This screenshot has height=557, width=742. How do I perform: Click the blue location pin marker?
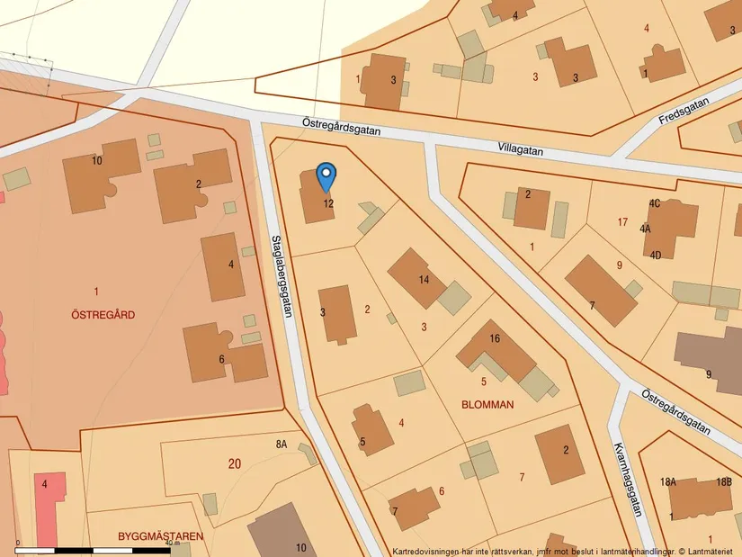pos(326,175)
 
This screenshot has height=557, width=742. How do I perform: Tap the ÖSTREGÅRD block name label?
pos(103,314)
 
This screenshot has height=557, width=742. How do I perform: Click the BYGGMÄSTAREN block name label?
pos(160,536)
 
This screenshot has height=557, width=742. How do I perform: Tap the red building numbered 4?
pos(50,499)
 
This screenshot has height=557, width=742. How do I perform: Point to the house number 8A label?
pos(281,445)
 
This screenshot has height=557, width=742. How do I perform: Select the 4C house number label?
pos(654,203)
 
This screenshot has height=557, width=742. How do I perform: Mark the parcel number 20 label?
pos(235,463)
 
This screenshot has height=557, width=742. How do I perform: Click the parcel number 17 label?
pos(622,221)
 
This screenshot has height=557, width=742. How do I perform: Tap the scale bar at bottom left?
pos(99,548)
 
